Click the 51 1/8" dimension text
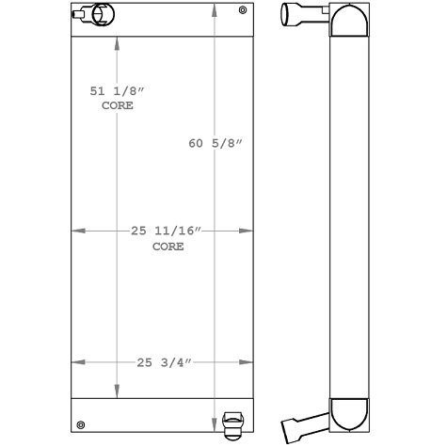[x=117, y=92]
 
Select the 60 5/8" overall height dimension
[x=216, y=143]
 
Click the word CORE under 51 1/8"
[x=117, y=106]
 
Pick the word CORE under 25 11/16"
[x=168, y=247]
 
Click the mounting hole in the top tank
[x=243, y=11]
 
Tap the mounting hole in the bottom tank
[x=81, y=423]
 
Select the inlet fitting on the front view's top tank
[x=91, y=15]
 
